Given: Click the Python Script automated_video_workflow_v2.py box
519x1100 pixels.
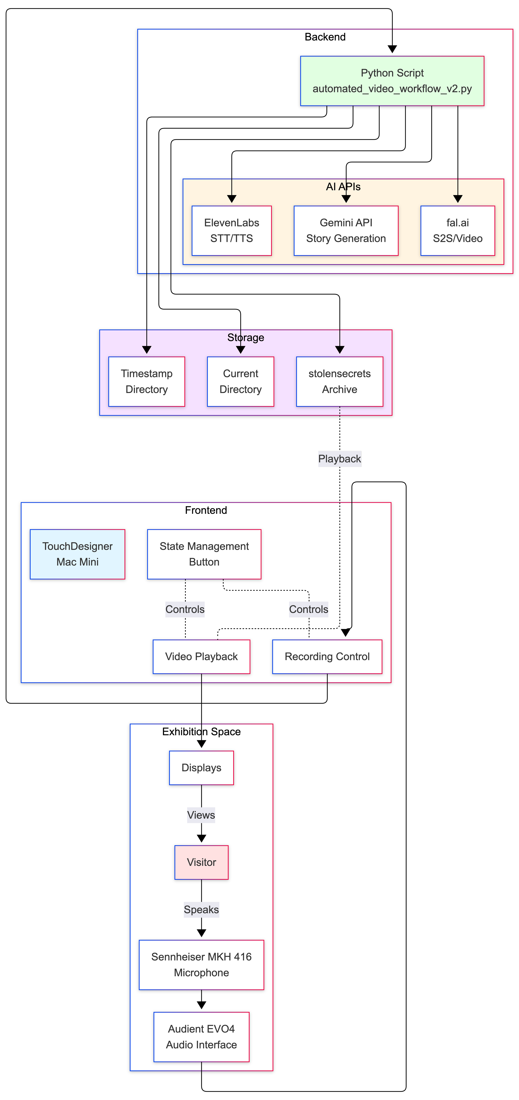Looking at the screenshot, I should tap(392, 81).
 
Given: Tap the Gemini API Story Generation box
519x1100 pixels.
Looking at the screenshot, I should tap(346, 231).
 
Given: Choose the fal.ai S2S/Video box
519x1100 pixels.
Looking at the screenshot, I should tap(457, 231).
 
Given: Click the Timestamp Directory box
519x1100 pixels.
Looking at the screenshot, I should tap(147, 381).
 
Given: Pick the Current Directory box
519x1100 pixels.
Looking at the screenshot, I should tap(240, 381).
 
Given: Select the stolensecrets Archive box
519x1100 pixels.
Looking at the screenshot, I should tap(339, 381).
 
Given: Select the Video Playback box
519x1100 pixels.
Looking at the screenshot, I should tap(201, 656).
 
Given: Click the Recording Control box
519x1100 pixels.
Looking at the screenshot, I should tap(327, 656).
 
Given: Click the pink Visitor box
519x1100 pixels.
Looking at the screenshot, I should tap(201, 862).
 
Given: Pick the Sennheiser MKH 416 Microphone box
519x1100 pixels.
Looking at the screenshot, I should tap(201, 965).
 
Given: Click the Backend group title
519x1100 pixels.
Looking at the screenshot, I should tap(325, 37).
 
